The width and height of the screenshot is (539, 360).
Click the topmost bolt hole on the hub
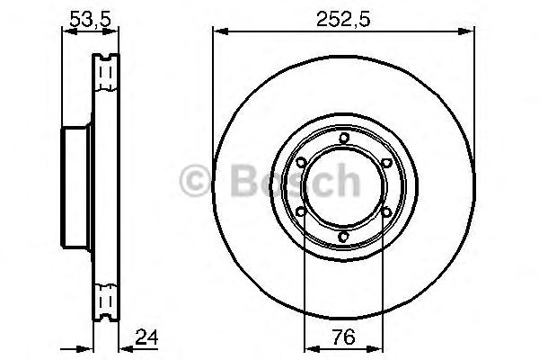click(344, 137)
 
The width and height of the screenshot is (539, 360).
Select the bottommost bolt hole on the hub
click(344, 238)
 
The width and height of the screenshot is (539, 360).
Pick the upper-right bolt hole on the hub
click(387, 162)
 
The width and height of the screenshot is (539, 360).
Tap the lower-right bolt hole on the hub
click(387, 212)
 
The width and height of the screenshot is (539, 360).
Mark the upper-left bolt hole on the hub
click(301, 162)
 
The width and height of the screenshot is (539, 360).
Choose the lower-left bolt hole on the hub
click(301, 212)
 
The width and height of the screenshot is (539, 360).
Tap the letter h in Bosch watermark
click(347, 181)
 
